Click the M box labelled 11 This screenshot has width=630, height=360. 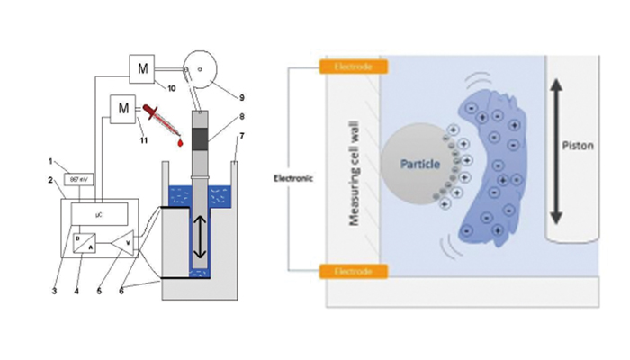click(x=121, y=110)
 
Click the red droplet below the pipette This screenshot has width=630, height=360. click(x=180, y=142)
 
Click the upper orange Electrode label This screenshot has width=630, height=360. click(x=352, y=67)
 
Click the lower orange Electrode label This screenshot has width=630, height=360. click(x=352, y=269)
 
